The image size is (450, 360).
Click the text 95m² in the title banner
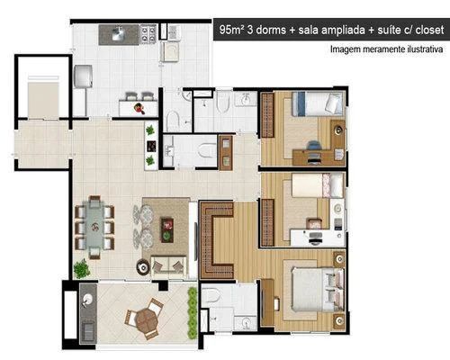[231, 30]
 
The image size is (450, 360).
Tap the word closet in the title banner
[429, 30]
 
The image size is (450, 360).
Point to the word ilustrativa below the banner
[425, 49]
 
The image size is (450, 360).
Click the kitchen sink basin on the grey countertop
[119, 33]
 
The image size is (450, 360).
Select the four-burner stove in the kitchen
[148, 33]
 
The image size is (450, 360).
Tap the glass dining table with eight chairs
[94, 226]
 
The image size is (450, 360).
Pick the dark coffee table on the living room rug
[167, 229]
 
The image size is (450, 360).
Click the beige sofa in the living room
[168, 265]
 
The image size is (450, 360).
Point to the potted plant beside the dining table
[82, 268]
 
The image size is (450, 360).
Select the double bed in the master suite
[318, 290]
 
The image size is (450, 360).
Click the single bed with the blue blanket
[318, 103]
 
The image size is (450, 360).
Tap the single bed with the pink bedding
[318, 185]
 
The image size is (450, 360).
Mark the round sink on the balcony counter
[88, 299]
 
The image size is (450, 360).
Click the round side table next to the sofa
[143, 266]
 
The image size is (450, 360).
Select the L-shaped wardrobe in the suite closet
[217, 240]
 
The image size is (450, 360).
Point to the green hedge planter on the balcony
[193, 313]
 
